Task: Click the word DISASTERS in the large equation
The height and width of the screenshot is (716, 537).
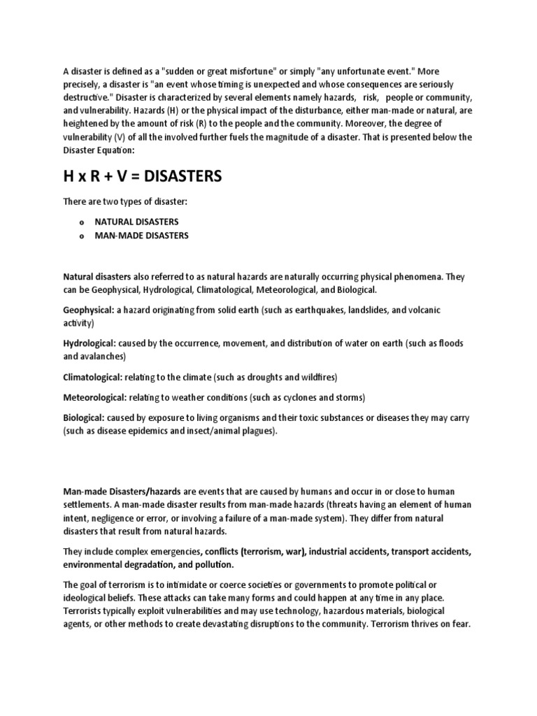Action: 180,177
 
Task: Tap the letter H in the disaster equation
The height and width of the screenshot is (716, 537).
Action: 69,177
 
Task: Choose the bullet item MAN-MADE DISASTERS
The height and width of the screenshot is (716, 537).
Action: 142,236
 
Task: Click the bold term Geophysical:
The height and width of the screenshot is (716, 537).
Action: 90,310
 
